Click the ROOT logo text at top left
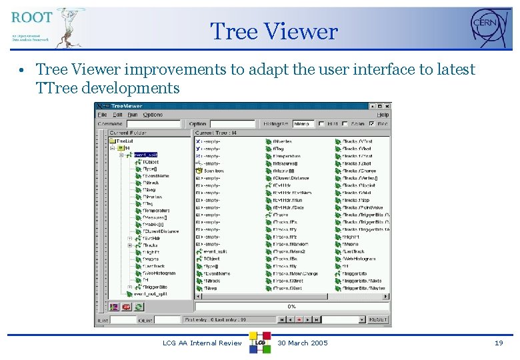point(31,18)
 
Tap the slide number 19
point(499,343)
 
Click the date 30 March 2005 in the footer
point(303,343)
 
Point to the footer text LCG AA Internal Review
point(202,343)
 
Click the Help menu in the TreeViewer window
point(383,115)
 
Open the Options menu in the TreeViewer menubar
point(153,115)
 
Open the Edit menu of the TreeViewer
point(117,115)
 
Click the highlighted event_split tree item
point(145,155)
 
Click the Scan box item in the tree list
point(214,171)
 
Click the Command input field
point(153,124)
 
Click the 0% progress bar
point(291,307)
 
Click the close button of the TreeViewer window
point(386,106)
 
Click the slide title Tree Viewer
point(274,31)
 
